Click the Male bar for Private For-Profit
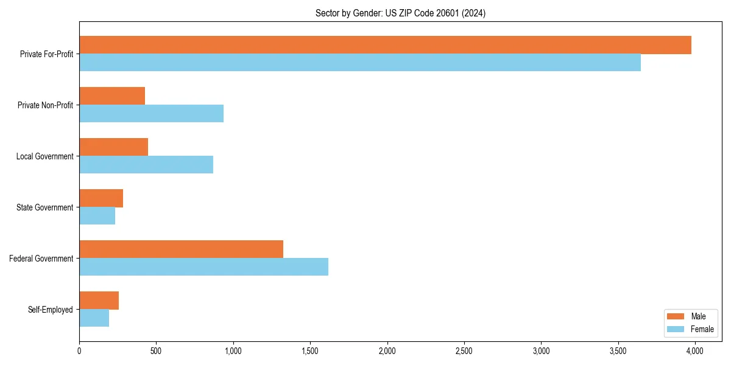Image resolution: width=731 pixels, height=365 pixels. [x=385, y=45]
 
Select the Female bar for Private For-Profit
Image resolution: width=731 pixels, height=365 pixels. [x=360, y=63]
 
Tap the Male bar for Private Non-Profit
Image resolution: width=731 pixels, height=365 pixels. [x=112, y=96]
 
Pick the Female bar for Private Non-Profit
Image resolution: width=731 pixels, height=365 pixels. [x=151, y=114]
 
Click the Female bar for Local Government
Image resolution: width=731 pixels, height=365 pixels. [x=146, y=165]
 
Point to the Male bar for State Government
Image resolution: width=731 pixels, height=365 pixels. [x=101, y=198]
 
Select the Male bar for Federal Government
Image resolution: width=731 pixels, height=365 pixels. [x=181, y=249]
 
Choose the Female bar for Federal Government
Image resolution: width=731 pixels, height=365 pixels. [x=203, y=267]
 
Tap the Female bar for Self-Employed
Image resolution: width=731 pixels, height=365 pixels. [x=94, y=318]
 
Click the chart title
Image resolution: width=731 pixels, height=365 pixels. [x=400, y=13]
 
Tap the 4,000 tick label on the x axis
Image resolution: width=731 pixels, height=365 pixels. [x=695, y=351]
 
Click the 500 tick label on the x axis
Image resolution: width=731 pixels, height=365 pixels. [x=156, y=351]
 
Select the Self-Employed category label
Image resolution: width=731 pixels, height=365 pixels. [x=51, y=310]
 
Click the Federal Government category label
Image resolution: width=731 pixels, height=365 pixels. [x=41, y=259]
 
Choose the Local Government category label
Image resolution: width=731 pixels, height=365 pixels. [x=45, y=156]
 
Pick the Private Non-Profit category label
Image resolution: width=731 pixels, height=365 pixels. [x=46, y=105]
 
